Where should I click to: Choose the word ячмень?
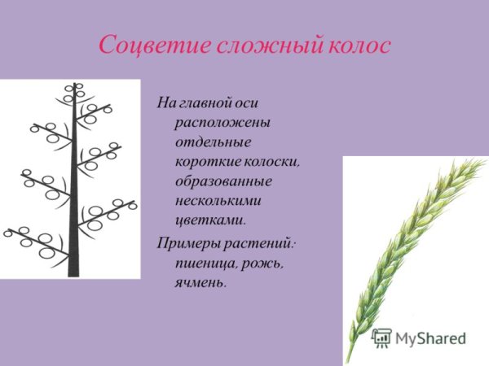pos(200,283)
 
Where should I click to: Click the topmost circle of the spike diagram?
pos(78,85)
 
